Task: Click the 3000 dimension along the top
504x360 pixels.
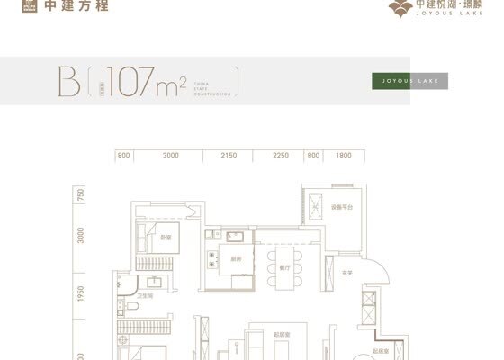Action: [x=171, y=156]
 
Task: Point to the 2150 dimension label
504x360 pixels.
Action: [x=229, y=156]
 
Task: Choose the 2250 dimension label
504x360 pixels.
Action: [x=281, y=156]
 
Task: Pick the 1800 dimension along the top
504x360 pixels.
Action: [x=343, y=156]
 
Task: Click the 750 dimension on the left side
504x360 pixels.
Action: [x=80, y=195]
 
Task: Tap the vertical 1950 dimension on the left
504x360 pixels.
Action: [x=80, y=292]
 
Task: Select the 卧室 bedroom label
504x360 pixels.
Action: [x=166, y=238]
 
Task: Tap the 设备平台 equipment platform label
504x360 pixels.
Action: [x=342, y=208]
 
